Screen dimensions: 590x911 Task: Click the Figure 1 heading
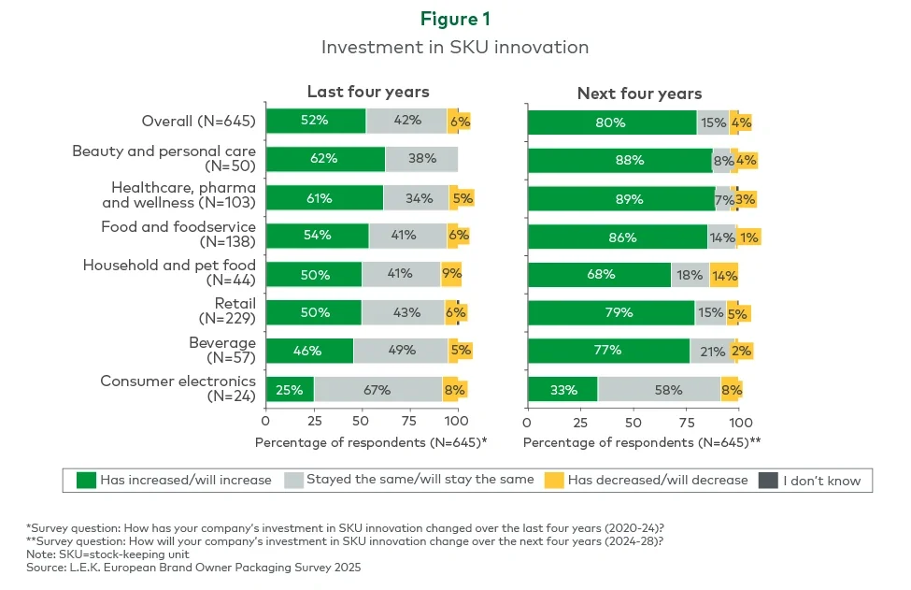point(454,20)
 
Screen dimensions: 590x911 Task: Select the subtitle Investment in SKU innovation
point(454,47)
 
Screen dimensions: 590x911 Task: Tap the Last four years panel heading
point(368,92)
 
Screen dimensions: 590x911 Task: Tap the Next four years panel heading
point(639,93)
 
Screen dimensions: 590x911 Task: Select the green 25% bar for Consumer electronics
point(290,389)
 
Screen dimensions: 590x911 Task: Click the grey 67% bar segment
point(377,389)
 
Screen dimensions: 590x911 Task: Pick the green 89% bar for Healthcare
point(621,198)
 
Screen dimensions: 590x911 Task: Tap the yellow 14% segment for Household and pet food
point(723,275)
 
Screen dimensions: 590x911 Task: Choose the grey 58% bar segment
point(659,389)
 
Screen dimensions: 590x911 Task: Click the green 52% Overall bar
point(316,121)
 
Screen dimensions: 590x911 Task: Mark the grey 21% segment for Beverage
point(712,351)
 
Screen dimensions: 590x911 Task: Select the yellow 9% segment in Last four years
point(450,275)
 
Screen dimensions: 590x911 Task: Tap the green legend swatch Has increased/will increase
point(86,481)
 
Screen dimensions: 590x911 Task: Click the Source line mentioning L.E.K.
point(193,568)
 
